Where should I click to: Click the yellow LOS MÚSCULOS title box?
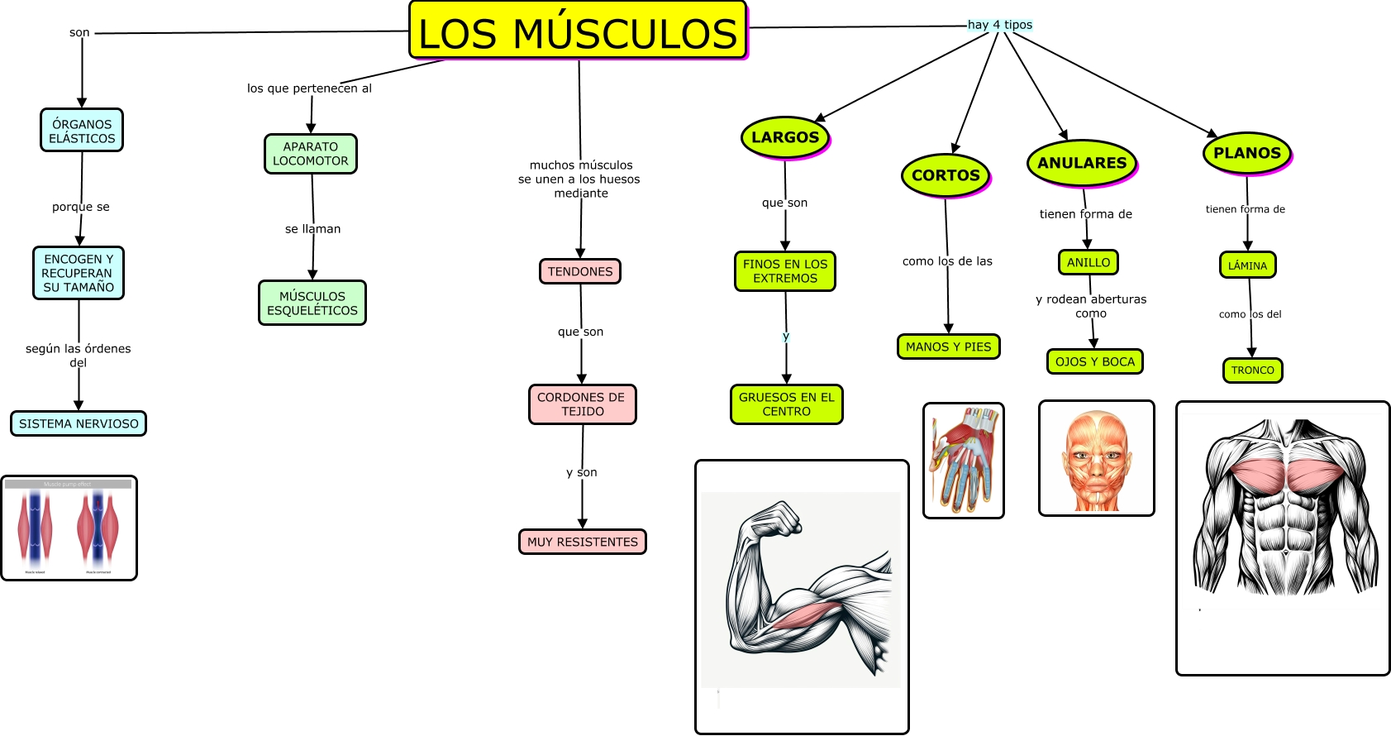[x=578, y=31]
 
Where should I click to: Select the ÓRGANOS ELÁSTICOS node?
[x=82, y=131]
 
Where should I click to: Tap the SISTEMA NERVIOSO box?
[x=79, y=423]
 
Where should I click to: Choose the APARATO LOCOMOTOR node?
[x=311, y=154]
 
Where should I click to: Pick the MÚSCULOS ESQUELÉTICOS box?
[x=312, y=303]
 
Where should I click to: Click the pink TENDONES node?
[x=580, y=271]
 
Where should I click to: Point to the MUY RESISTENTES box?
[x=583, y=542]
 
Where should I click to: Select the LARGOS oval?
[x=785, y=137]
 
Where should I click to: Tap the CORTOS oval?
[x=946, y=175]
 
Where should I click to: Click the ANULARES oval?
[x=1082, y=163]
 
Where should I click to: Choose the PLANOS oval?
[x=1247, y=153]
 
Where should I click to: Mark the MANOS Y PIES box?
[x=949, y=346]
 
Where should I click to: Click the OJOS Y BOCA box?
[x=1095, y=361]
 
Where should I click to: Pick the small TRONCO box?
[x=1253, y=370]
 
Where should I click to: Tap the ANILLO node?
[x=1089, y=262]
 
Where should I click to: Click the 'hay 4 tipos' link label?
[x=1000, y=25]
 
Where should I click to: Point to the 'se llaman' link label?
[x=312, y=229]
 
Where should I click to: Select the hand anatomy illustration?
[x=964, y=461]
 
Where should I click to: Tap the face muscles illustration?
[x=1097, y=459]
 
